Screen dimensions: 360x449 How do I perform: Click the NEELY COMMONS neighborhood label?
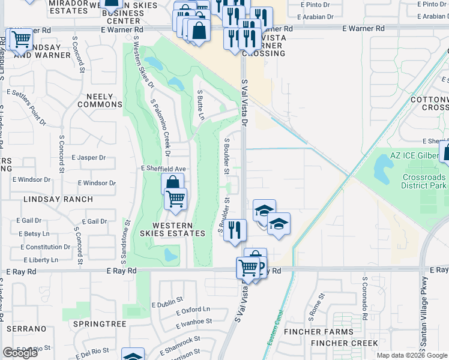click(100, 100)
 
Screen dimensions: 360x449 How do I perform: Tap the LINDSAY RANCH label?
click(58, 199)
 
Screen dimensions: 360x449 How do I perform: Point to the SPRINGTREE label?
click(100, 324)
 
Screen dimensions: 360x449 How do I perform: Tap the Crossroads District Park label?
click(424, 181)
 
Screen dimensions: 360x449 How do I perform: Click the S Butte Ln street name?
click(201, 105)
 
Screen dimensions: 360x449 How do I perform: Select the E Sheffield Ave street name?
click(163, 169)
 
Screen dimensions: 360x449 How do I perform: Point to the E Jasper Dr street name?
click(88, 158)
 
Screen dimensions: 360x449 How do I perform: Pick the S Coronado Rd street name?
click(364, 295)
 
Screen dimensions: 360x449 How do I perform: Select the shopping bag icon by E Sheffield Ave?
click(172, 183)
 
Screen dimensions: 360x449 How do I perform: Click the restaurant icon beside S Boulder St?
click(235, 230)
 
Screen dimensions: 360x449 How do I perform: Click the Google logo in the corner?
click(20, 353)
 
